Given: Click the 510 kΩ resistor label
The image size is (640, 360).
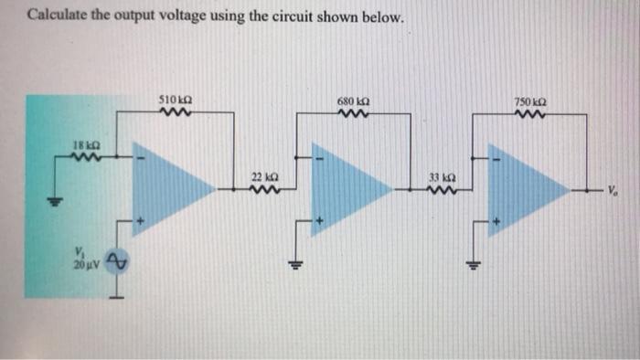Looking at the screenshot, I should pos(175,100).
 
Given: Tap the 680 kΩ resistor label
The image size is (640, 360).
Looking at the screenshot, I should pos(353,100).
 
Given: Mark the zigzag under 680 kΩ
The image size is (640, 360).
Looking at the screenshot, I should pos(351,114).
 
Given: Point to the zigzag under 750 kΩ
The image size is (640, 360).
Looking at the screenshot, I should pos(530,114).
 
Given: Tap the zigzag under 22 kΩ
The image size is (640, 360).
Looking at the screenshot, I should pos(263,190).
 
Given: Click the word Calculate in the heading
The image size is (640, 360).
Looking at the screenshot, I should pos(55,16).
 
